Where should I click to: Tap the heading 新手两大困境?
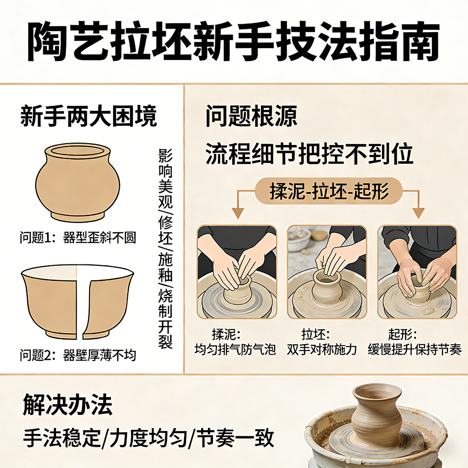pos(89,116)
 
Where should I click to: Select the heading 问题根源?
pos(251,116)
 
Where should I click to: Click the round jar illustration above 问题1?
pos(78,182)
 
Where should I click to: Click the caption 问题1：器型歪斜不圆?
pos(78,238)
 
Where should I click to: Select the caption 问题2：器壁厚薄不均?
pos(78,355)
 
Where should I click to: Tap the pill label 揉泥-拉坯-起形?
pos(329,191)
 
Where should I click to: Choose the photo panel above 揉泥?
pos(237,272)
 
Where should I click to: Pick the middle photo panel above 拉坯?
pos(327,272)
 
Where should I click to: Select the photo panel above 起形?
pos(417,272)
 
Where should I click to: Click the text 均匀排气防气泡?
pos(235,349)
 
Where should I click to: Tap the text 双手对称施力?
pos(322,349)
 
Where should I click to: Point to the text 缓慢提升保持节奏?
pos(415,349)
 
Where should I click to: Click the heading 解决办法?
pos(68,405)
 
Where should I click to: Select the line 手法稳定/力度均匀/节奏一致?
pos(149,437)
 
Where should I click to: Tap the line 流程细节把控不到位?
pos(310,154)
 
